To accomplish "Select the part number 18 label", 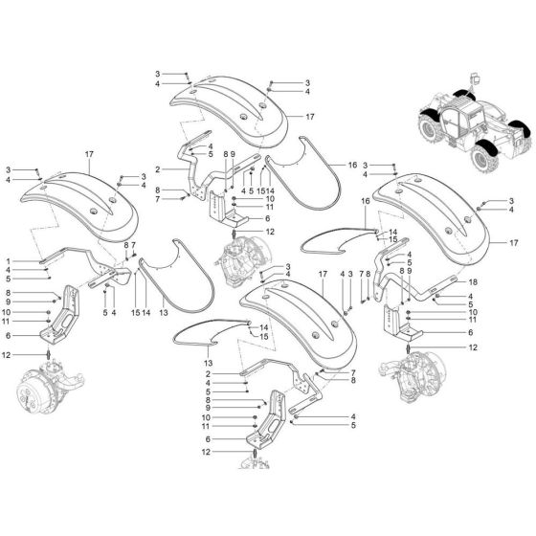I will point(472,283).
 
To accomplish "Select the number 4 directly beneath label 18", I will point(472,296).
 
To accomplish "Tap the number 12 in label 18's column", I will point(472,347).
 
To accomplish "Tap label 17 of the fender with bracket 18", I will point(512,243).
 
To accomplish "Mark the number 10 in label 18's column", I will point(472,312).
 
